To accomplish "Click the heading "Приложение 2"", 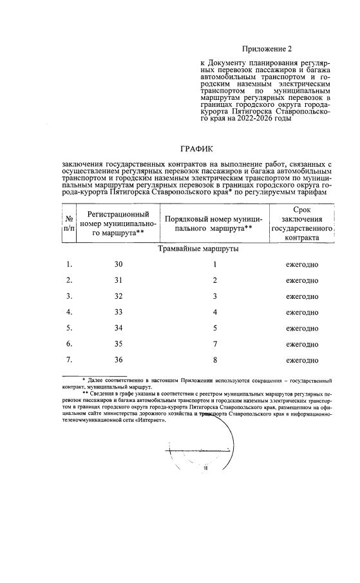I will [x=267, y=49].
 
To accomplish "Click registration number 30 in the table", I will [x=118, y=265].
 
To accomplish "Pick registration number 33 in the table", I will [x=118, y=312].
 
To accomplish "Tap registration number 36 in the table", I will [x=118, y=360].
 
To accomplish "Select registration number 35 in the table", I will [x=118, y=344].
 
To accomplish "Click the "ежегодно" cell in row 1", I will [x=302, y=265].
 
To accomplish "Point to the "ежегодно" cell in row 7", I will [x=302, y=360].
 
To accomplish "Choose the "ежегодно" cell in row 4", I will [x=302, y=312].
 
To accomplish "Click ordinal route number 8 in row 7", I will [x=215, y=360].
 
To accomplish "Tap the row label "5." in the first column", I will [x=69, y=329].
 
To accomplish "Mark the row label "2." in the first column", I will [x=69, y=281].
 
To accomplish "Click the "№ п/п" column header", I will [x=68, y=224].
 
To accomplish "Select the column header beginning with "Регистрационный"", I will [x=118, y=224].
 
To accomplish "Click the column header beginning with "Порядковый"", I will [x=213, y=224].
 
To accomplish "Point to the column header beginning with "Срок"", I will [x=301, y=224].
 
